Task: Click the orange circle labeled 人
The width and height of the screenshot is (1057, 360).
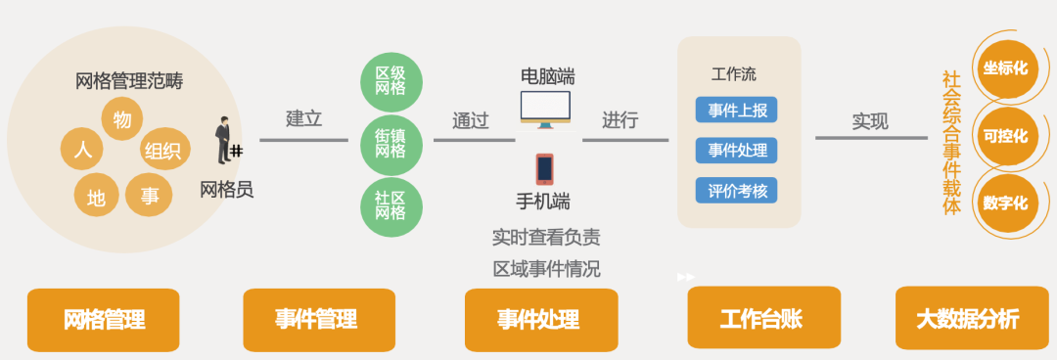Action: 83,151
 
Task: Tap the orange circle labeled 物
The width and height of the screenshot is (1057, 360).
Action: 122,119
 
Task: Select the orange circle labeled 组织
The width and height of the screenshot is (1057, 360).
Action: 162,151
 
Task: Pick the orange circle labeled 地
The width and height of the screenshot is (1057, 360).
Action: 96,197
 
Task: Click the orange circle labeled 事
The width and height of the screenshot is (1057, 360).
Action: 150,196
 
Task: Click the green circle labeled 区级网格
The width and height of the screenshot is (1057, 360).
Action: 391,81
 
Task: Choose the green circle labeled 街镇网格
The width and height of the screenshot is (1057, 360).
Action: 391,145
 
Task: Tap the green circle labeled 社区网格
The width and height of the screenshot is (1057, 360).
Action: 391,206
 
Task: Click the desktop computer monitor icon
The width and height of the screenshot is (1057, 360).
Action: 546,110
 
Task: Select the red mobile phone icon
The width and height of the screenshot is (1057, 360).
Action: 544,168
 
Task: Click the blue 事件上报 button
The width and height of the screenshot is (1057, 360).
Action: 736,110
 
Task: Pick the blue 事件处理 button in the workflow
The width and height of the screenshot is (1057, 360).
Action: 736,150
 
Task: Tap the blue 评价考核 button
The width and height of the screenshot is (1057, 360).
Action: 736,190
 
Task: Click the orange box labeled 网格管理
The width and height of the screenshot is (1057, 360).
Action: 104,320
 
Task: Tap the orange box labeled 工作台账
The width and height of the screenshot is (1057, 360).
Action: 763,318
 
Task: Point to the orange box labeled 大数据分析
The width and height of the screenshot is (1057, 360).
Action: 967,318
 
